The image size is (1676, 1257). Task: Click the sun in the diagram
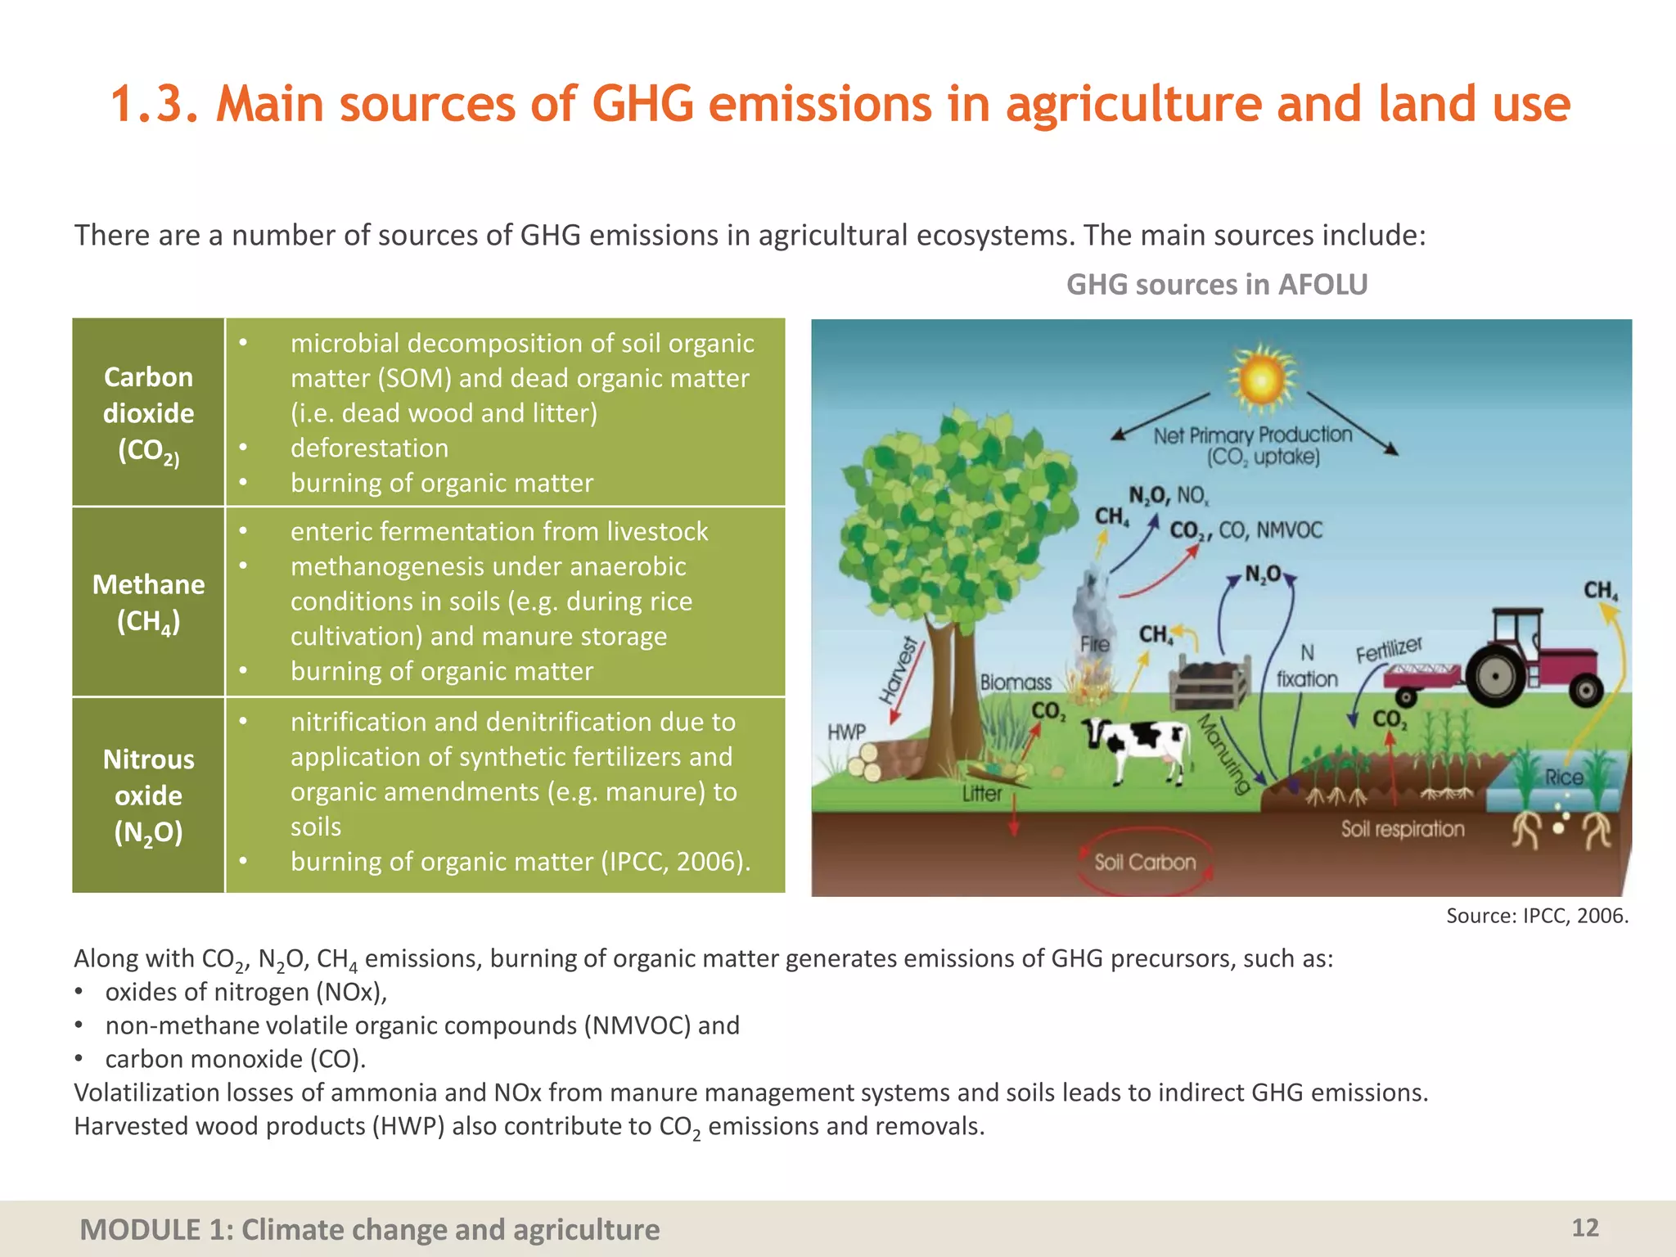(x=1261, y=379)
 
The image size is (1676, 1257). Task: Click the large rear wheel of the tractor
(x=1497, y=676)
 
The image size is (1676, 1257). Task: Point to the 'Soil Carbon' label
(x=1145, y=862)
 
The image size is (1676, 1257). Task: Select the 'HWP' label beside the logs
(x=846, y=732)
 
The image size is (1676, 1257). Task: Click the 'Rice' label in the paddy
(x=1564, y=777)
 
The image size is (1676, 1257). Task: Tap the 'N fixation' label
(x=1307, y=666)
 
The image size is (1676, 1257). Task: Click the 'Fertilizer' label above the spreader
(x=1389, y=651)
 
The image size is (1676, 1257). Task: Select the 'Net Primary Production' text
(x=1252, y=435)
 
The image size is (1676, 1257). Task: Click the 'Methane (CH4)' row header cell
(x=148, y=602)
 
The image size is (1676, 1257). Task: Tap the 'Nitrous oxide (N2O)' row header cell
(x=148, y=795)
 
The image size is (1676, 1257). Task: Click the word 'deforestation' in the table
(x=369, y=448)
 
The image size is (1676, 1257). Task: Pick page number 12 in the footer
(x=1584, y=1228)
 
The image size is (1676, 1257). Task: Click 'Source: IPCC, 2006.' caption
(x=1537, y=916)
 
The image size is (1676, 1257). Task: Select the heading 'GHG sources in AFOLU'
(x=1217, y=285)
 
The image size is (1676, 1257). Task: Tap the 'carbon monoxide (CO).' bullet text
(x=236, y=1059)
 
